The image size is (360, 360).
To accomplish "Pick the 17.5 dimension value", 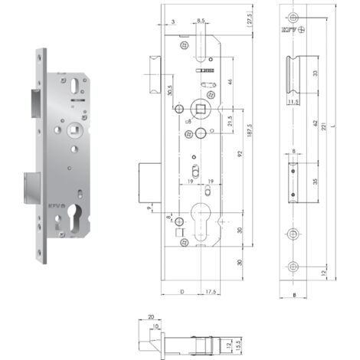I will (209, 291).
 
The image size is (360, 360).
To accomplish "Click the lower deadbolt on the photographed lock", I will (29, 184).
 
